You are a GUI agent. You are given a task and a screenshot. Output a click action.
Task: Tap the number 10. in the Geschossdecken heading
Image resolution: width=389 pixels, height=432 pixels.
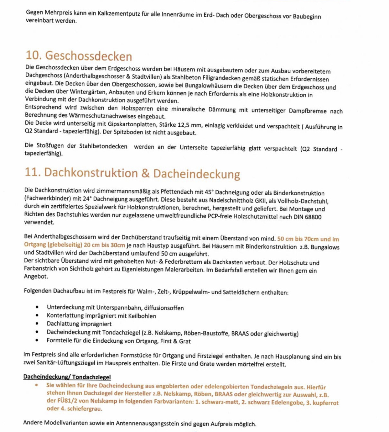pyautogui.click(x=34, y=55)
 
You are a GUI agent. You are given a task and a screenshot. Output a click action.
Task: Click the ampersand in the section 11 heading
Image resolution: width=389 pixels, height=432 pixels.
pyautogui.click(x=145, y=173)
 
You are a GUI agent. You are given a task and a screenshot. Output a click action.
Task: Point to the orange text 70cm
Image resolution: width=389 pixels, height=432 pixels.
pyautogui.click(x=312, y=239)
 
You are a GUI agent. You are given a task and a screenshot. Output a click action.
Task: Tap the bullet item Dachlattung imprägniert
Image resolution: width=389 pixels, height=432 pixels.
pyautogui.click(x=79, y=324)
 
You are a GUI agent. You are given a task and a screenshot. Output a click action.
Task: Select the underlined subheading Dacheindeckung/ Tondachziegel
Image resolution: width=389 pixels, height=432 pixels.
pyautogui.click(x=67, y=377)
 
